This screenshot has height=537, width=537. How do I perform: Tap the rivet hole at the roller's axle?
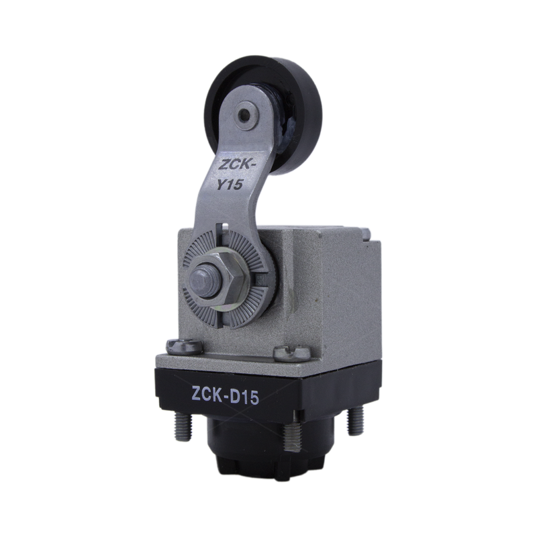[x=244, y=116]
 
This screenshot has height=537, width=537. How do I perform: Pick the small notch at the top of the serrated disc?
[x=224, y=226]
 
